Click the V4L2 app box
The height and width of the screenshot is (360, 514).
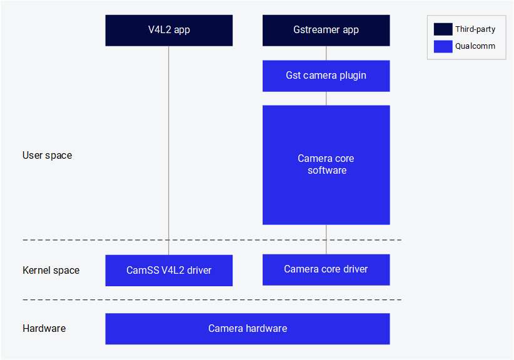169,30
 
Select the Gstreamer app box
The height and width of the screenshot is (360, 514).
326,30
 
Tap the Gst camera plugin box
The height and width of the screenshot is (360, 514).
326,76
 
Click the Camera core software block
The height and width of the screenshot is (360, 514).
326,164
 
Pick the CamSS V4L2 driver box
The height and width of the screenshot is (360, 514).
169,271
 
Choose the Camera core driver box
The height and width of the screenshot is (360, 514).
326,269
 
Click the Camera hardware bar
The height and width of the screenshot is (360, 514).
247,329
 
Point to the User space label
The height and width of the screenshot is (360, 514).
47,155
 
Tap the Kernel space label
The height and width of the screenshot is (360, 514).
51,271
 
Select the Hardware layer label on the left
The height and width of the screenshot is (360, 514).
44,328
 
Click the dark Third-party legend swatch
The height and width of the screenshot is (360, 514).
443,29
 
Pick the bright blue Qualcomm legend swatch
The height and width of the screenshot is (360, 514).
443,46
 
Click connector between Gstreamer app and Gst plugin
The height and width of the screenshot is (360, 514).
326,53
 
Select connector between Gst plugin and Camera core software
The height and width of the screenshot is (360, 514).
326,98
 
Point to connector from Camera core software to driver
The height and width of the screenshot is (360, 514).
326,239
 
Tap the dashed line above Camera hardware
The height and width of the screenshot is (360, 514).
213,300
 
